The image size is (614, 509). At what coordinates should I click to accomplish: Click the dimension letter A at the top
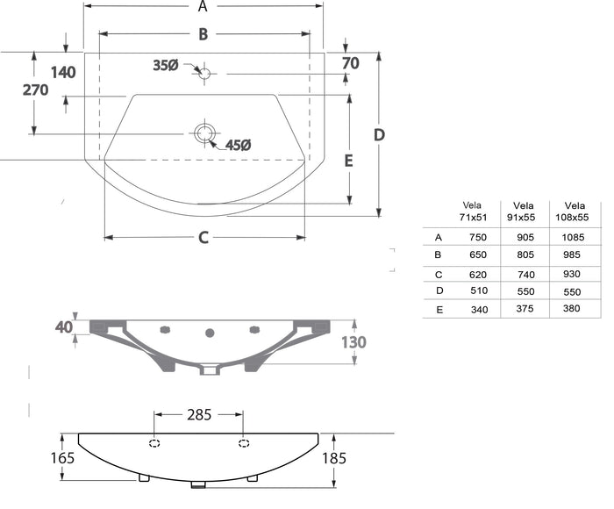pyautogui.click(x=203, y=6)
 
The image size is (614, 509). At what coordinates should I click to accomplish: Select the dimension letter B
pyautogui.click(x=203, y=34)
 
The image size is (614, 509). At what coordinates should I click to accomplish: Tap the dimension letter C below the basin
pyautogui.click(x=203, y=238)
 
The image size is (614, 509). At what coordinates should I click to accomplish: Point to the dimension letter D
pyautogui.click(x=379, y=135)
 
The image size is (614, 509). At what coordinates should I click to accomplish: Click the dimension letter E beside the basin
pyautogui.click(x=348, y=161)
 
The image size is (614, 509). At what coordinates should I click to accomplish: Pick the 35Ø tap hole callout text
pyautogui.click(x=165, y=65)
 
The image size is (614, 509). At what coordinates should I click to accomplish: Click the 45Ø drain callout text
pyautogui.click(x=238, y=145)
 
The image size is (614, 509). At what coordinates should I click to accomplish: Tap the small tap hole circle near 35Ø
pyautogui.click(x=204, y=73)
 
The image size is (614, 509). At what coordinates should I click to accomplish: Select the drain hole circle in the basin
pyautogui.click(x=204, y=133)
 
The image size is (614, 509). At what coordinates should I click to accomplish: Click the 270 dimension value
pyautogui.click(x=35, y=90)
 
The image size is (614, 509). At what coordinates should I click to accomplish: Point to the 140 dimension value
pyautogui.click(x=63, y=73)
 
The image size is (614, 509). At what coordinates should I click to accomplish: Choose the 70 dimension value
pyautogui.click(x=351, y=63)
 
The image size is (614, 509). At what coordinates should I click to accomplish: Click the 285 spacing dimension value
pyautogui.click(x=199, y=414)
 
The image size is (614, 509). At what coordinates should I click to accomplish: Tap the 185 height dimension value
pyautogui.click(x=334, y=458)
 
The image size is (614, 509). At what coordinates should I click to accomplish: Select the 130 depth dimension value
pyautogui.click(x=353, y=342)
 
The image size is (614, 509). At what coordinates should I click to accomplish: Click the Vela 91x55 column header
pyautogui.click(x=523, y=211)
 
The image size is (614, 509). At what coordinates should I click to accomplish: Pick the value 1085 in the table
pyautogui.click(x=573, y=237)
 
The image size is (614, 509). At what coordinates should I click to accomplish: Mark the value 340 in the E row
pyautogui.click(x=479, y=310)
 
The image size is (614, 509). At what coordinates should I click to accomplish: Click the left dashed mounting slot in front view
pyautogui.click(x=154, y=443)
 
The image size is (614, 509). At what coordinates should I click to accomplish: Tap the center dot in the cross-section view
pyautogui.click(x=210, y=333)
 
